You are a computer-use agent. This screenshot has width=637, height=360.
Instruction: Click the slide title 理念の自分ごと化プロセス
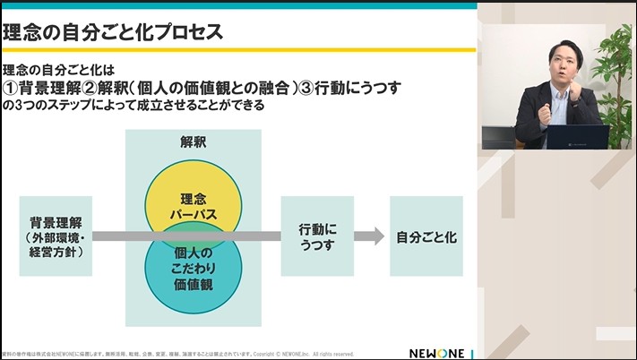[113, 33]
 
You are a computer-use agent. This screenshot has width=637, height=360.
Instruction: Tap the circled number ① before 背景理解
[13, 88]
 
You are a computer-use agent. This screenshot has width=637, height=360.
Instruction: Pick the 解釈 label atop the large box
[193, 142]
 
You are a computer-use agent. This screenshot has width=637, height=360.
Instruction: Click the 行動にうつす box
[316, 236]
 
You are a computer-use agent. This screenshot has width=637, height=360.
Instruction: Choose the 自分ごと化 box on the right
[426, 237]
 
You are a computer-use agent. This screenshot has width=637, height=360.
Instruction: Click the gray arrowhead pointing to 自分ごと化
[365, 236]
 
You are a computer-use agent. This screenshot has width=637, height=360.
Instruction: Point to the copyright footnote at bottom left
[179, 353]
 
